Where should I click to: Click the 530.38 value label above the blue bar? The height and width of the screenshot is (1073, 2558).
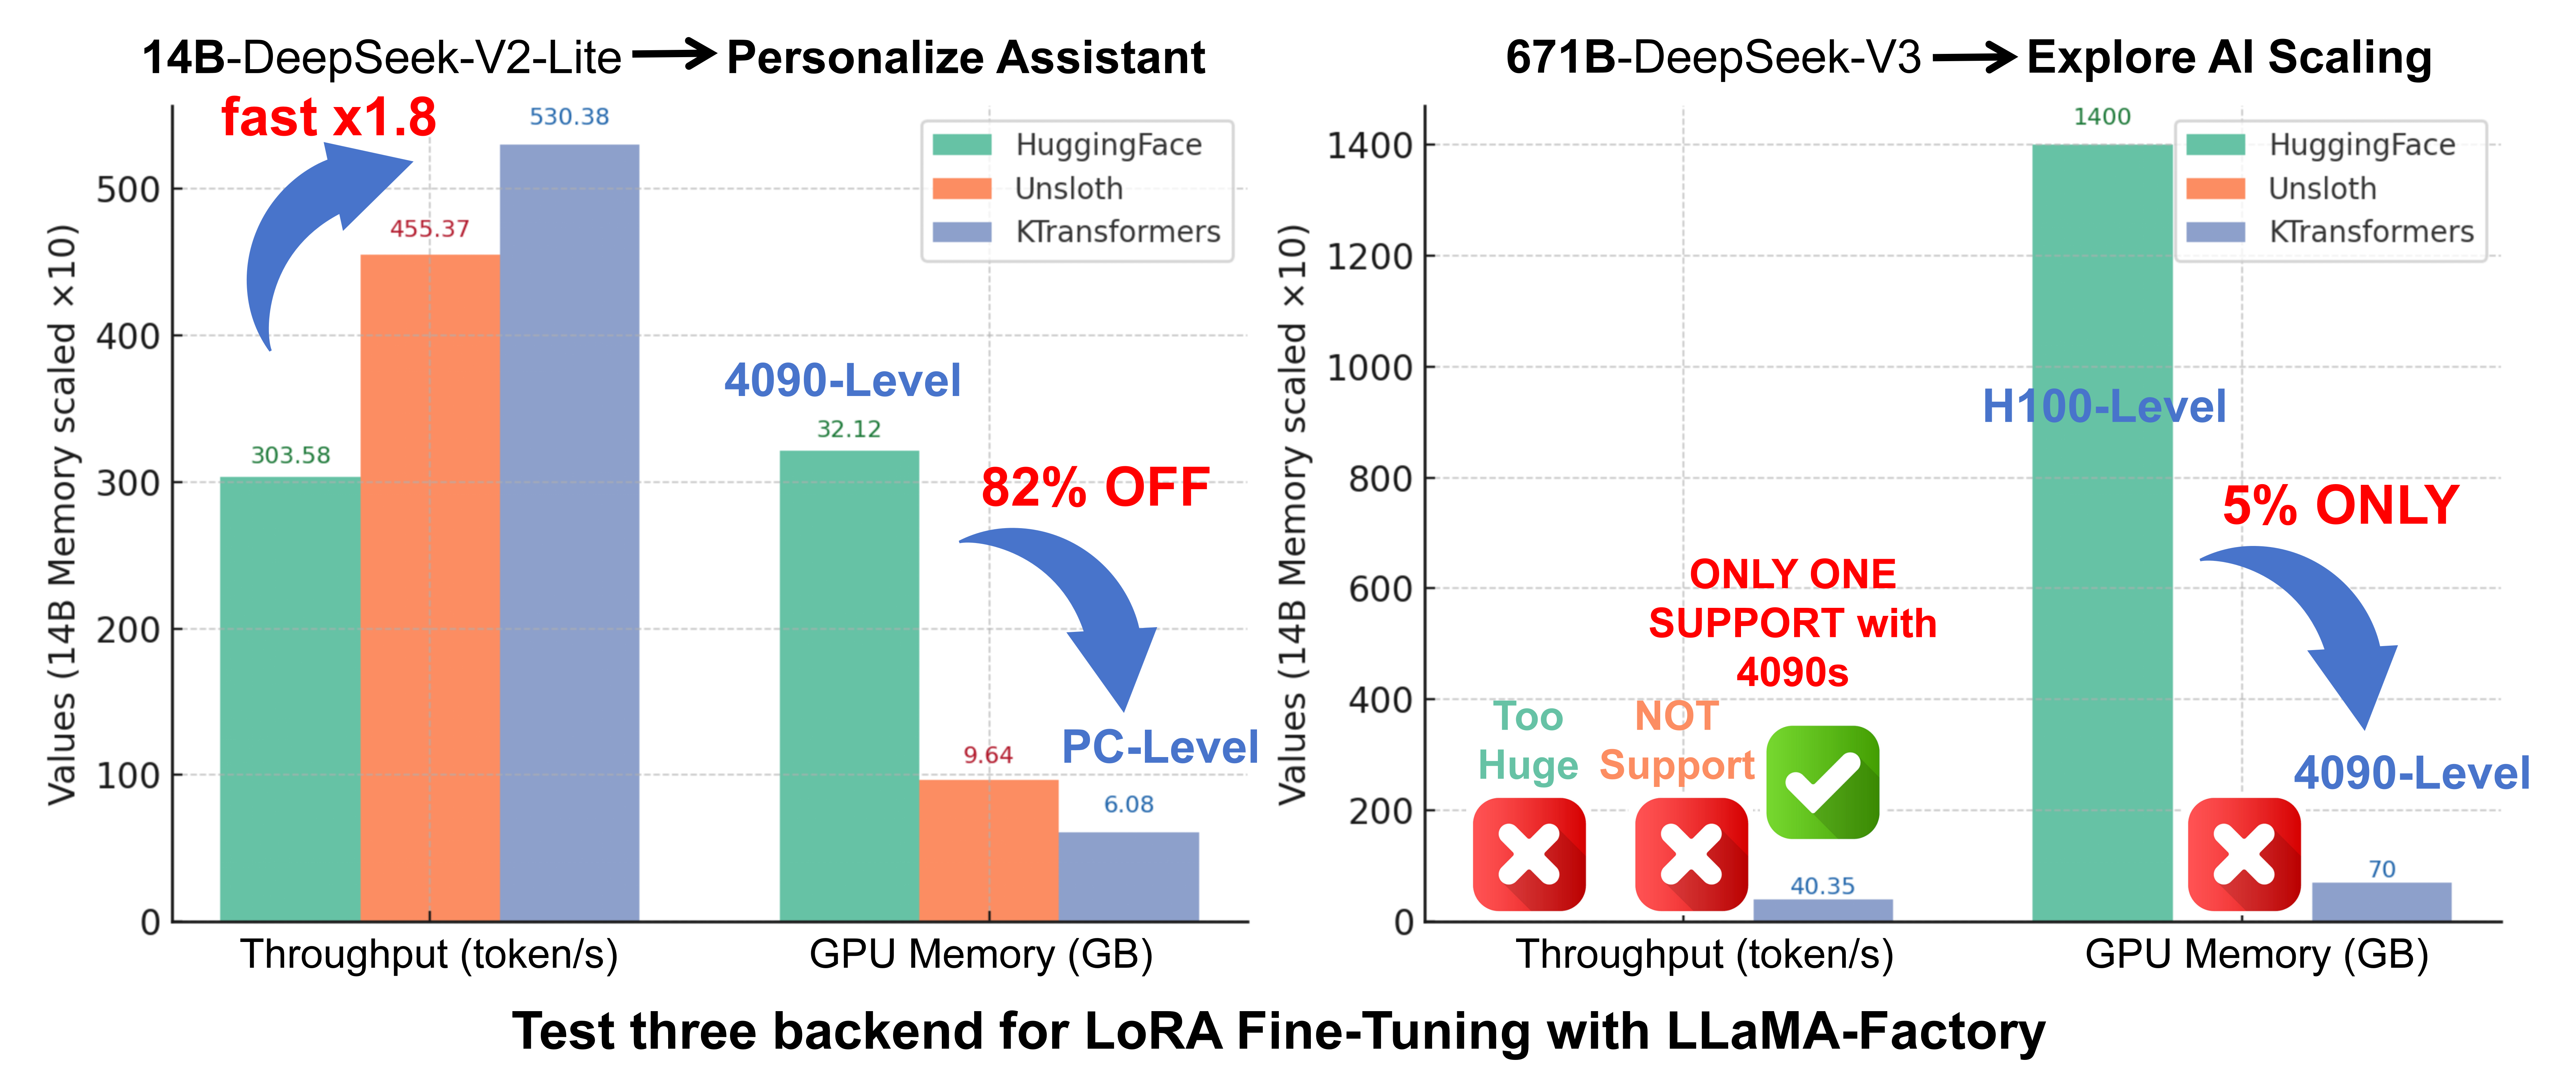point(569,117)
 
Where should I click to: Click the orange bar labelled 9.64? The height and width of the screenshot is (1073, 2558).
point(988,850)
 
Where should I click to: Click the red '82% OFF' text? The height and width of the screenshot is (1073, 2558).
point(1095,488)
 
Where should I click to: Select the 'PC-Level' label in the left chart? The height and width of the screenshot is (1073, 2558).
point(1160,747)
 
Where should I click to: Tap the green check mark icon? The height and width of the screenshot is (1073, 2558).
point(1822,782)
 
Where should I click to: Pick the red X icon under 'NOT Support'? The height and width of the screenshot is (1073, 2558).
point(1691,854)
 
